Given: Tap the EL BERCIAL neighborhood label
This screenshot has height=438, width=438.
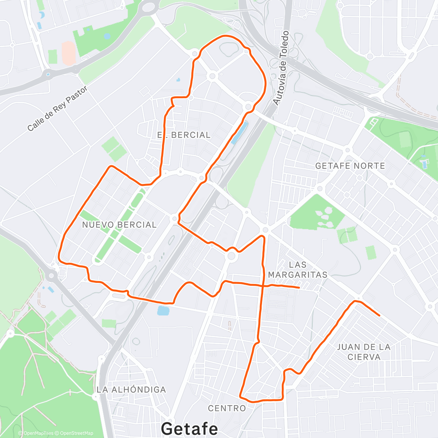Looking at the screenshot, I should point(184,135).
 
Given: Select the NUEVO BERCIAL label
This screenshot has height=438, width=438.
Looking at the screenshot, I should point(119,225).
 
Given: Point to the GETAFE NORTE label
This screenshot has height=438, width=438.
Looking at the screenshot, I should point(350,166).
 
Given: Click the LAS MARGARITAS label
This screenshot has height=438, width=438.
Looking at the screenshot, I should point(297,269).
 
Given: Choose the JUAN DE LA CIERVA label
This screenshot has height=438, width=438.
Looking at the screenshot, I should point(364,352).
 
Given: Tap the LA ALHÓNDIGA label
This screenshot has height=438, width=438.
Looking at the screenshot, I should point(131,390).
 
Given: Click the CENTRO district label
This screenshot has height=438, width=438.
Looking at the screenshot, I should point(227,408).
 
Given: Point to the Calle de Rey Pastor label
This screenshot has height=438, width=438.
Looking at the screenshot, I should point(57,108).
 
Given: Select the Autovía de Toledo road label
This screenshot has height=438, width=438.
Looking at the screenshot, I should point(281,68).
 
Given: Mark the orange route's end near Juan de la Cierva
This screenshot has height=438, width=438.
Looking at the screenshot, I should point(380,316).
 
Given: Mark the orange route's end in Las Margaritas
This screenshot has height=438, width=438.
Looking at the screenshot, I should point(299,288).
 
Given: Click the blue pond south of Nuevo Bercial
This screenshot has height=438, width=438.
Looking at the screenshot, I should point(163,311).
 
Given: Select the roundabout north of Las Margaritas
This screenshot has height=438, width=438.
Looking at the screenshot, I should point(265,230).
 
